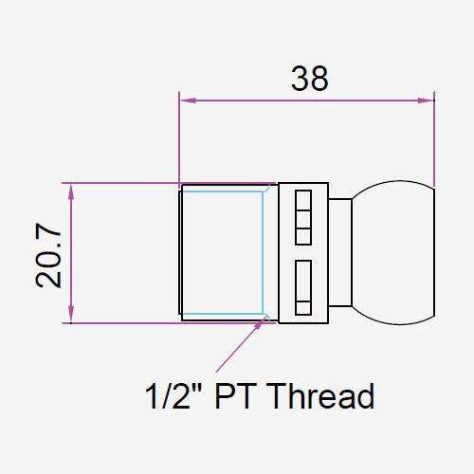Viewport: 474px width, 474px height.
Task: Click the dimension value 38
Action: coord(310,79)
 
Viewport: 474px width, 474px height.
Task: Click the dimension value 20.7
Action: coord(48,255)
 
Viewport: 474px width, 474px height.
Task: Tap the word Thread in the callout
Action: coord(322,395)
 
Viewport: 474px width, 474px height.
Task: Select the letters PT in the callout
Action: coord(235,395)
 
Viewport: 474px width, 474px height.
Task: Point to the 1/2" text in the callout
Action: coord(173,395)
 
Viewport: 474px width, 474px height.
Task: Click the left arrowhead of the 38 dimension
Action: coord(188,100)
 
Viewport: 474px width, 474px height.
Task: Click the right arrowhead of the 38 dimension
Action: coord(426,100)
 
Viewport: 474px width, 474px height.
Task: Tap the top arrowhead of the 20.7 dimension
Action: coord(71,191)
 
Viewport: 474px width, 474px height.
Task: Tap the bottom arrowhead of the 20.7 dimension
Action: coord(71,315)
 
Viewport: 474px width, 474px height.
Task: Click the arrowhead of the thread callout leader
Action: coord(260,324)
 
